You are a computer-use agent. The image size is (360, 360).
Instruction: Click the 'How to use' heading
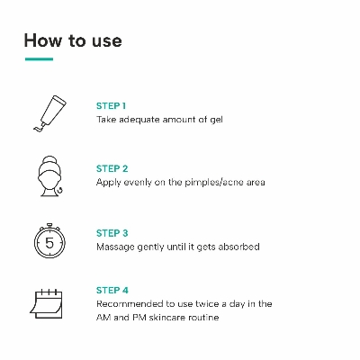click(73, 40)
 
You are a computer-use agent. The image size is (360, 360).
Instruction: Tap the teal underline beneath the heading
click(39, 59)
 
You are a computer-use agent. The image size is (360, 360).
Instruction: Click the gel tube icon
click(49, 113)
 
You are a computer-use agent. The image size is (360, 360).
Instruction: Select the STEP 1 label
click(111, 106)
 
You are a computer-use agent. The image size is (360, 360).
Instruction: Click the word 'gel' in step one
click(216, 120)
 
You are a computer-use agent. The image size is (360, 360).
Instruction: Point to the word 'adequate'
click(139, 120)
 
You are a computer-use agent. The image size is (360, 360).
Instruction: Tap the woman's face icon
click(50, 176)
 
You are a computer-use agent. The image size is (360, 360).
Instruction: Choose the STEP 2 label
click(112, 168)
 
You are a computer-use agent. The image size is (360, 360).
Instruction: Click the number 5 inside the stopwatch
click(49, 243)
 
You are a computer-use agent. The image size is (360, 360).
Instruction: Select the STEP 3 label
click(112, 233)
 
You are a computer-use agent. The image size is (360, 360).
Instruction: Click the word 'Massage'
click(115, 247)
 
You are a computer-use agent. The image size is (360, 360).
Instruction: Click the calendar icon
click(46, 304)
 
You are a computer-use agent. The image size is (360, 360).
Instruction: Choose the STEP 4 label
click(112, 290)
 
